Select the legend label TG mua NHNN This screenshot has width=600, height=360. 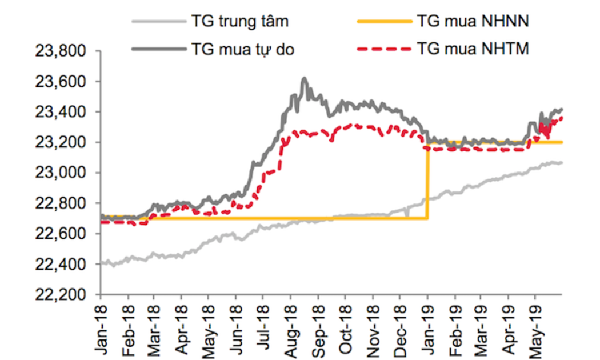pos(473,22)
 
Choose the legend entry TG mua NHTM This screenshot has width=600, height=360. pos(473,49)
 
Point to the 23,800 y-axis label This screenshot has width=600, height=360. pos(59,51)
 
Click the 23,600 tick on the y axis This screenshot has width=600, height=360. pos(59,82)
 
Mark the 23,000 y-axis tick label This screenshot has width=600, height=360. pos(59,173)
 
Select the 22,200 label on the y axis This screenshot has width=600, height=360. pos(59,295)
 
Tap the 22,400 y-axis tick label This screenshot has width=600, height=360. pos(59,265)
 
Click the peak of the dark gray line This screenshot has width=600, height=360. pos(304,79)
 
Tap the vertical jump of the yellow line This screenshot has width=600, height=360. pos(427,180)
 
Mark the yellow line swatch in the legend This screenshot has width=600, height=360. pos(383,22)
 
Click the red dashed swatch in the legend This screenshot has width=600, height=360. pos(383,49)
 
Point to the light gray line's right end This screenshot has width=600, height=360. pos(561,163)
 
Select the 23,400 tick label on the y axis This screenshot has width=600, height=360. pos(59,112)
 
